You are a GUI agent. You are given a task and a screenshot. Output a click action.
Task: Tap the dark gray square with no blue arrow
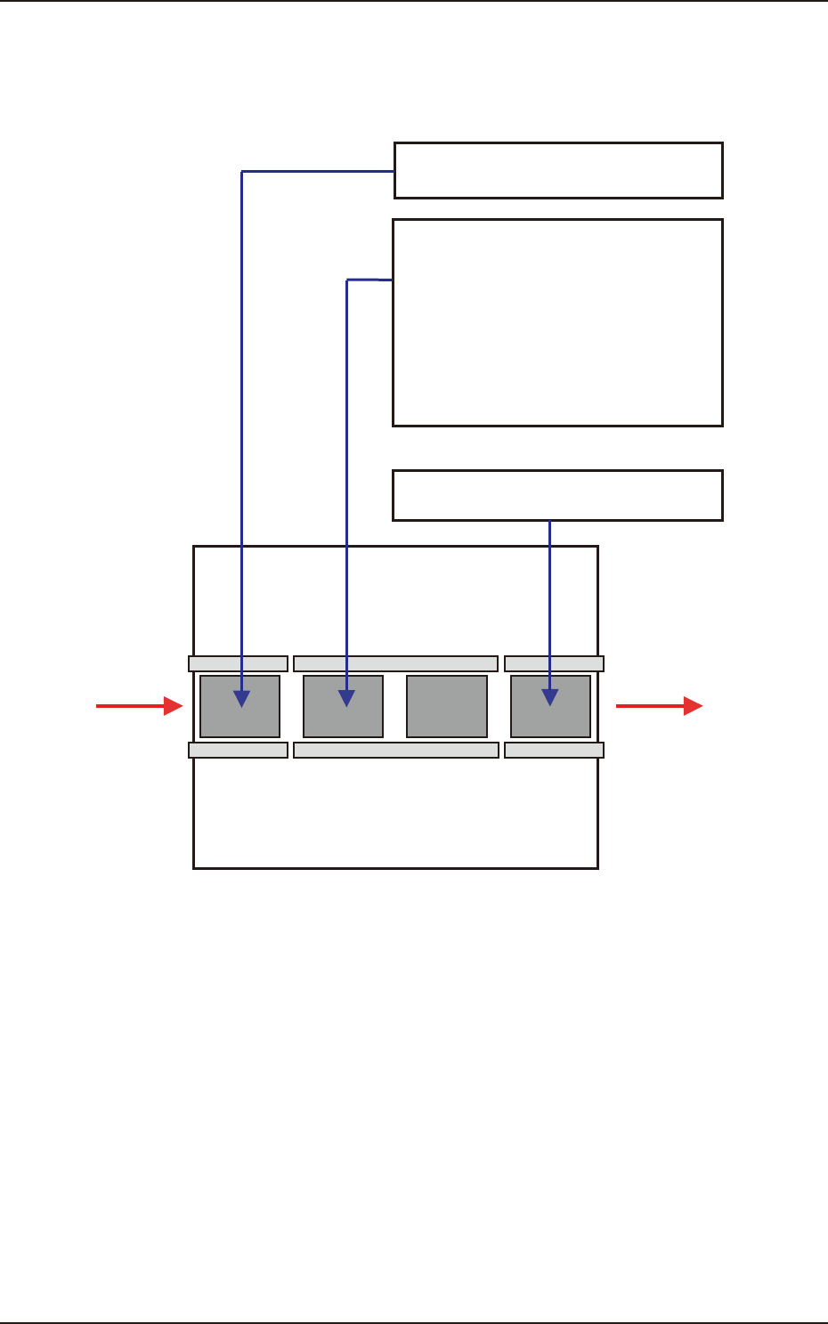(x=447, y=706)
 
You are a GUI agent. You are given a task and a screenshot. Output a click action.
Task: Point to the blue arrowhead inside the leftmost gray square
(x=241, y=698)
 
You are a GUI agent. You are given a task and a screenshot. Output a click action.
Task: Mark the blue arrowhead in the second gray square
(x=346, y=698)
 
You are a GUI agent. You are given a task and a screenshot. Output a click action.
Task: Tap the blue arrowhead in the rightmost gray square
(x=549, y=698)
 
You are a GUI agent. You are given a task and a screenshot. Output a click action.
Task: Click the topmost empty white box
(x=558, y=170)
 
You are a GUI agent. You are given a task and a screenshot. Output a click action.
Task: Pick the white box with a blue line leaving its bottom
(x=557, y=495)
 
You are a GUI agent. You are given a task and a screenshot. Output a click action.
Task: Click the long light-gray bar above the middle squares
(x=395, y=663)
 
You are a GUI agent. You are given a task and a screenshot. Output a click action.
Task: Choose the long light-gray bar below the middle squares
(x=395, y=750)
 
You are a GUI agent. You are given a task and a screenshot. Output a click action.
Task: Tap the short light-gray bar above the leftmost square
(x=238, y=663)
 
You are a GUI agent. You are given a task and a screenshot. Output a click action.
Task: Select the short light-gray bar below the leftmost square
(x=238, y=750)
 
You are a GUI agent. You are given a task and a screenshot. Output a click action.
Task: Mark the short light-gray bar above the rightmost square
(x=554, y=663)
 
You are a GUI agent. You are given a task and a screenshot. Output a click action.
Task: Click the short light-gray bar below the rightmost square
(x=554, y=750)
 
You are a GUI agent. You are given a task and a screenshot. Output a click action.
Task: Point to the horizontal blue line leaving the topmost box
(x=318, y=171)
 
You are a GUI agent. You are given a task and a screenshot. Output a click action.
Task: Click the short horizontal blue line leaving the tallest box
(x=369, y=280)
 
